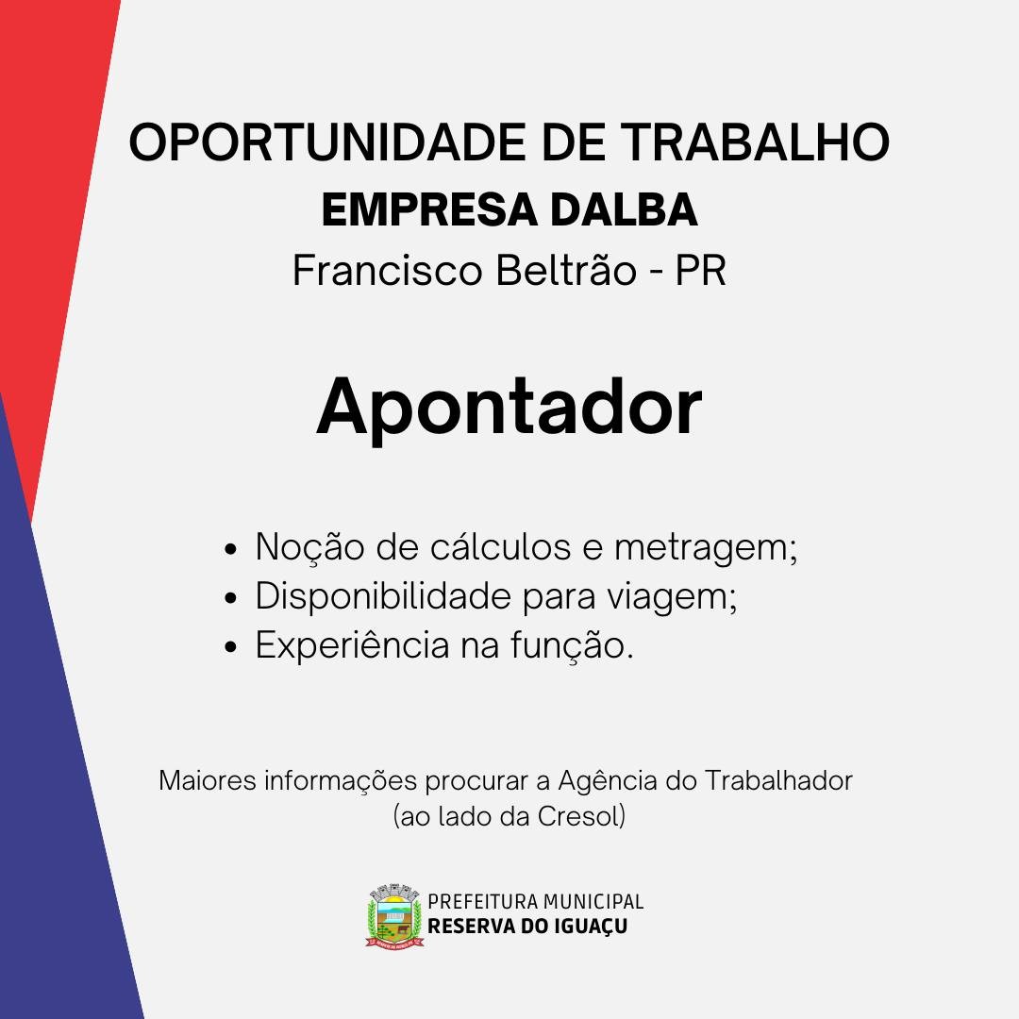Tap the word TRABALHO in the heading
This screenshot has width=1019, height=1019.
[755, 142]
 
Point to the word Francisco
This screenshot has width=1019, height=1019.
[388, 270]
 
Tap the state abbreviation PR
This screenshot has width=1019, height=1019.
[700, 270]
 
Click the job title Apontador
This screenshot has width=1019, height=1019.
[509, 409]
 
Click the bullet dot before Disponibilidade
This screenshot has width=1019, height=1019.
[230, 598]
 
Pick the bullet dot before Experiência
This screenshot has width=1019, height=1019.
[230, 647]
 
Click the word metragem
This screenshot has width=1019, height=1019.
[706, 549]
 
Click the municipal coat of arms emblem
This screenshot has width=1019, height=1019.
[394, 915]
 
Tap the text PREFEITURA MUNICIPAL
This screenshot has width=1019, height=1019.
[536, 901]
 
